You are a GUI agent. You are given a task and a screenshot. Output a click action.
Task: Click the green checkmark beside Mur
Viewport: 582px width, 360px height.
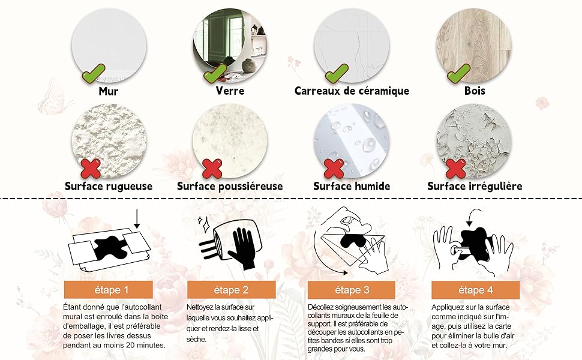93,74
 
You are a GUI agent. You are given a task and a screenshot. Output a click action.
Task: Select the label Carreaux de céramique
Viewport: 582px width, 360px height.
352,91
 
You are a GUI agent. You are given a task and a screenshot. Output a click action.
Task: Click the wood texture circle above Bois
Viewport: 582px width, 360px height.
474,42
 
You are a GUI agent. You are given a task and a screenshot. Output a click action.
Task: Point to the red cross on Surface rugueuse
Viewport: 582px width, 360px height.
91,168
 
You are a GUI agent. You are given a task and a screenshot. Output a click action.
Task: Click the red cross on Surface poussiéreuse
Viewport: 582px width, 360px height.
212,168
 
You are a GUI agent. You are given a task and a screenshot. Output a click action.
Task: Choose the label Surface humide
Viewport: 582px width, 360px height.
352,186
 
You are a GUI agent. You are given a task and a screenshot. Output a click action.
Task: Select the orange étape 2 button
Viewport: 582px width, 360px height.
231,290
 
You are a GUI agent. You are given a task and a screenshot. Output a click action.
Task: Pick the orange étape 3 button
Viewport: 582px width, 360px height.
352,290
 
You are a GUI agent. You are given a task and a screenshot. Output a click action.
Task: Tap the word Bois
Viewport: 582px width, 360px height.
474,91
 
